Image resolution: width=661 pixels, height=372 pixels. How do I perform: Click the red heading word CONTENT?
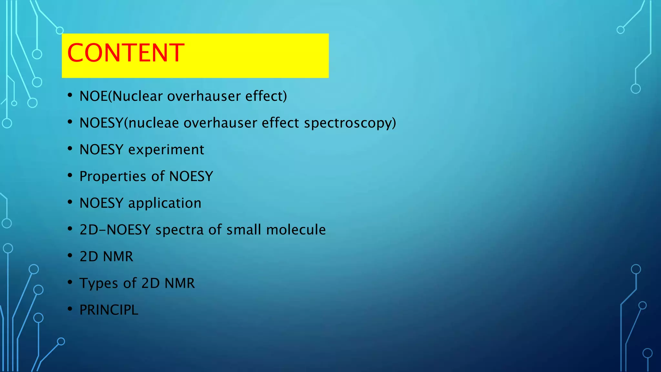126,53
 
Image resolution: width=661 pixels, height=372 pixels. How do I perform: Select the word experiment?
166,150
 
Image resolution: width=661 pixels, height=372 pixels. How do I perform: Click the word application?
165,203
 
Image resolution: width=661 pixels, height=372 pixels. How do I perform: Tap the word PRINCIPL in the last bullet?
109,310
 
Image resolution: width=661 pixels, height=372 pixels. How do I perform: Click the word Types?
99,284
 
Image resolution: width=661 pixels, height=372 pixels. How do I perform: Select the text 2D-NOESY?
115,230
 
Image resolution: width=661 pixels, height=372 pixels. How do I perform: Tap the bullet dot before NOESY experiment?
70,149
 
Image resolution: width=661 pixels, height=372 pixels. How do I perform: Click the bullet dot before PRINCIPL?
70,309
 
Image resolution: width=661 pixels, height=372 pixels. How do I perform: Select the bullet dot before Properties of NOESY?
70,175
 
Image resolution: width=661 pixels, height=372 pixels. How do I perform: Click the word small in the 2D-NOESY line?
244,230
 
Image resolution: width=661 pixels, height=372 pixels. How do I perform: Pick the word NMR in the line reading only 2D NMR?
118,256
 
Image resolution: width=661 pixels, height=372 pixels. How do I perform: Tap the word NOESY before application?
101,203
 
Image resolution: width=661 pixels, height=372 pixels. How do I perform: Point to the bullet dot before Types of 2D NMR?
70,282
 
